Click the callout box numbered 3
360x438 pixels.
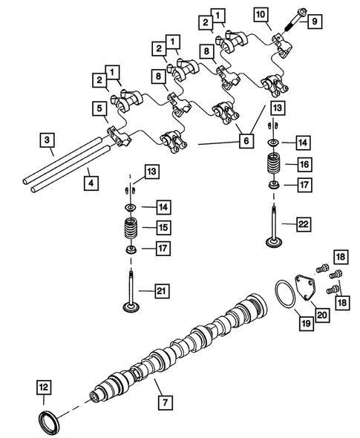click(46, 139)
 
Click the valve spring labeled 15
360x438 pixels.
click(130, 228)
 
